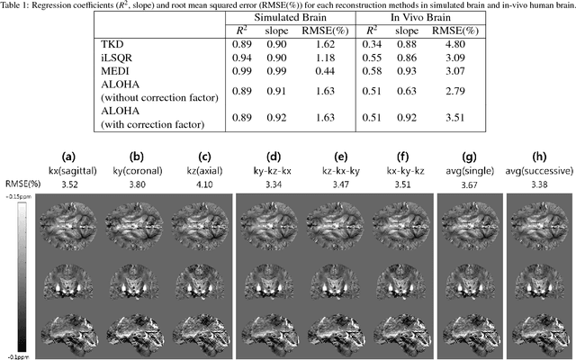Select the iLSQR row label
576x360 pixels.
[x=115, y=57]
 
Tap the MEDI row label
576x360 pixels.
[x=113, y=70]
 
